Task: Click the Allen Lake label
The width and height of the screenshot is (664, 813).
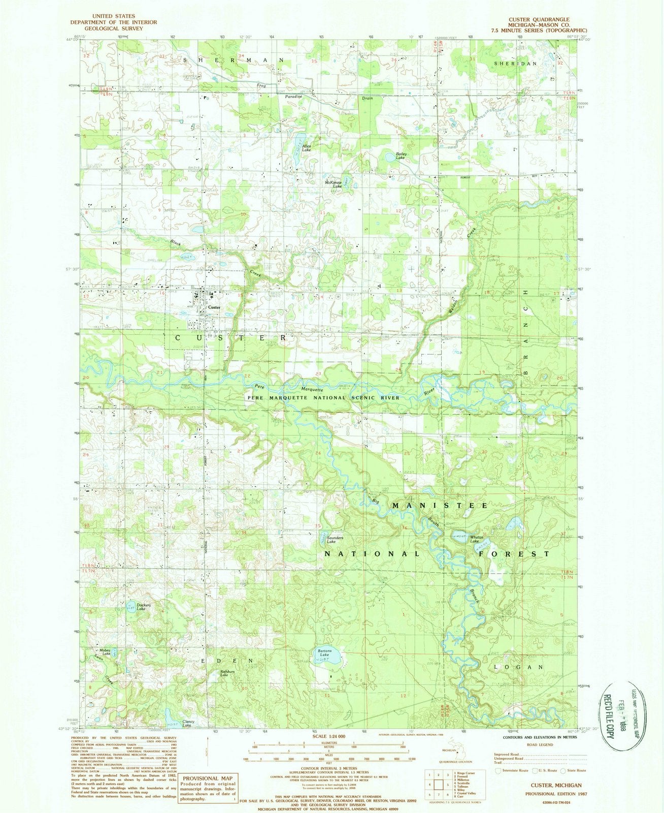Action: click(x=307, y=148)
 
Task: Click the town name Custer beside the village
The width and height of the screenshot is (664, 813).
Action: click(x=214, y=308)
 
